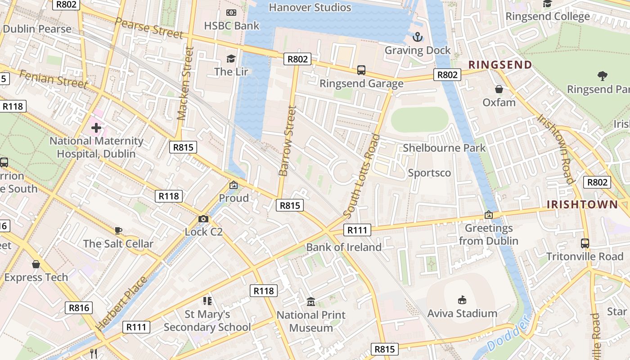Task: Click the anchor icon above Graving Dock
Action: pyautogui.click(x=418, y=37)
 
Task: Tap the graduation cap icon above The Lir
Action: pyautogui.click(x=231, y=58)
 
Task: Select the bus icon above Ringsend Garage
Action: pyautogui.click(x=361, y=70)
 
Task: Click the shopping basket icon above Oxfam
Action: pyautogui.click(x=499, y=89)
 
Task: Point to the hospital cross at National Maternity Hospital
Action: pyautogui.click(x=96, y=128)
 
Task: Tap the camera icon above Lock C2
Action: pyautogui.click(x=203, y=219)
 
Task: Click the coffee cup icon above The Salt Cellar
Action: pyautogui.click(x=118, y=231)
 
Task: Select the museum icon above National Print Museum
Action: pyautogui.click(x=310, y=301)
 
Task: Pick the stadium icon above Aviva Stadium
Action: pyautogui.click(x=462, y=300)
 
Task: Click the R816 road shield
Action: pyautogui.click(x=79, y=308)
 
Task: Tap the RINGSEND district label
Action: pyautogui.click(x=500, y=65)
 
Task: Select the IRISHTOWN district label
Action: pyautogui.click(x=582, y=205)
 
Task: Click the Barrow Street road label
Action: pyautogui.click(x=288, y=141)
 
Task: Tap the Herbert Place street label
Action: pyautogui.click(x=121, y=304)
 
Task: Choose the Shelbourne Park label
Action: pyautogui.click(x=444, y=148)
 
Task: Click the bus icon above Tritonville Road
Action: pyautogui.click(x=585, y=243)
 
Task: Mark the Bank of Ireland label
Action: pyautogui.click(x=344, y=247)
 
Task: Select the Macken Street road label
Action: pyautogui.click(x=185, y=84)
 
